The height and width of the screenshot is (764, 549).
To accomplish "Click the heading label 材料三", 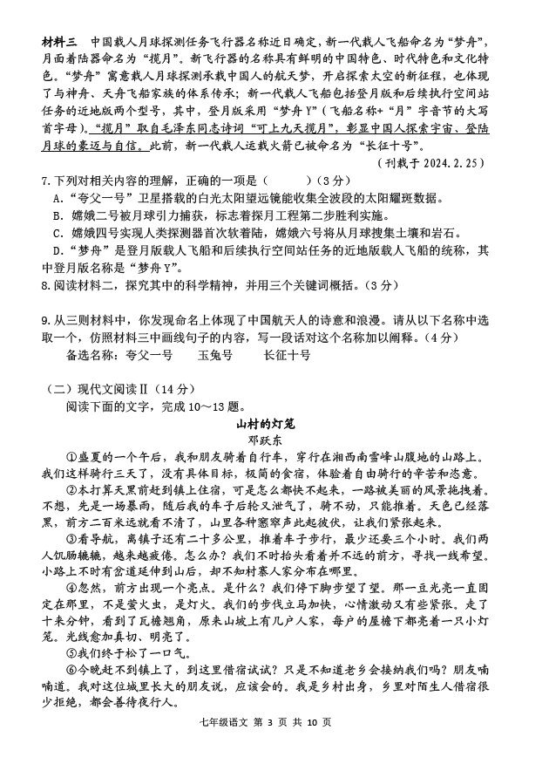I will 58,42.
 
